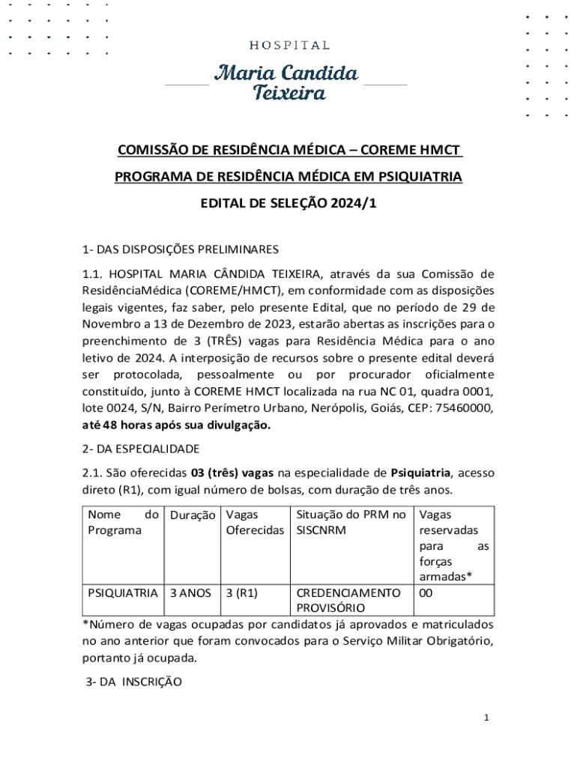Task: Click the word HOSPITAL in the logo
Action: (x=289, y=46)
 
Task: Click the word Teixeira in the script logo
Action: (x=289, y=94)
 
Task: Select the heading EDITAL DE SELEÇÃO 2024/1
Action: (x=288, y=202)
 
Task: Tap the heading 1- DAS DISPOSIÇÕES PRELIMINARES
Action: (x=180, y=249)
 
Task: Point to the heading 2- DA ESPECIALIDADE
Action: (x=141, y=449)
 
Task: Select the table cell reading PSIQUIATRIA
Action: (x=122, y=593)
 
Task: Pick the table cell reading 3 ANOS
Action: (x=190, y=593)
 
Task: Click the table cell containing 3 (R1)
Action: (x=241, y=593)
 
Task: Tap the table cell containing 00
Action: (x=426, y=593)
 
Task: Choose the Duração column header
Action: (x=193, y=515)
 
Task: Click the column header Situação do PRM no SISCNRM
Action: (x=351, y=522)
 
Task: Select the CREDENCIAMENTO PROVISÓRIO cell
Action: (x=348, y=600)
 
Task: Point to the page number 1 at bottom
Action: (x=486, y=718)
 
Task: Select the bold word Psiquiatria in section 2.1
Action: (x=420, y=473)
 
